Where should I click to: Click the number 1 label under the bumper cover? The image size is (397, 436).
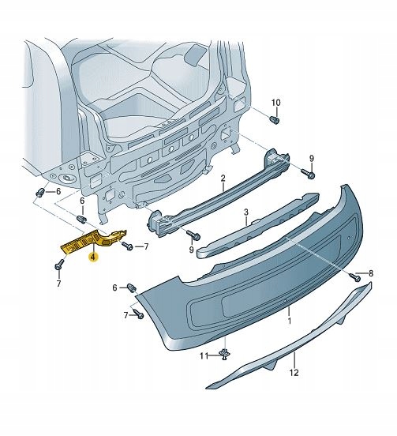tap(289, 323)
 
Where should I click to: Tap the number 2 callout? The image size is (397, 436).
tap(223, 179)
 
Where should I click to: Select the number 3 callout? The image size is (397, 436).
tap(246, 212)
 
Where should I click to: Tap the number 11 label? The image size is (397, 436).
tap(202, 356)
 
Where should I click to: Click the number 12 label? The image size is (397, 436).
tap(294, 373)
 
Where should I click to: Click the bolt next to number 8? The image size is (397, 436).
tap(357, 276)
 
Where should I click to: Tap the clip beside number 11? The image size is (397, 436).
tap(226, 354)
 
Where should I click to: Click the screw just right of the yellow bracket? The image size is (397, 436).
tap(126, 247)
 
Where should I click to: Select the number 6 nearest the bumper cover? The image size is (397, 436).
tap(114, 287)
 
